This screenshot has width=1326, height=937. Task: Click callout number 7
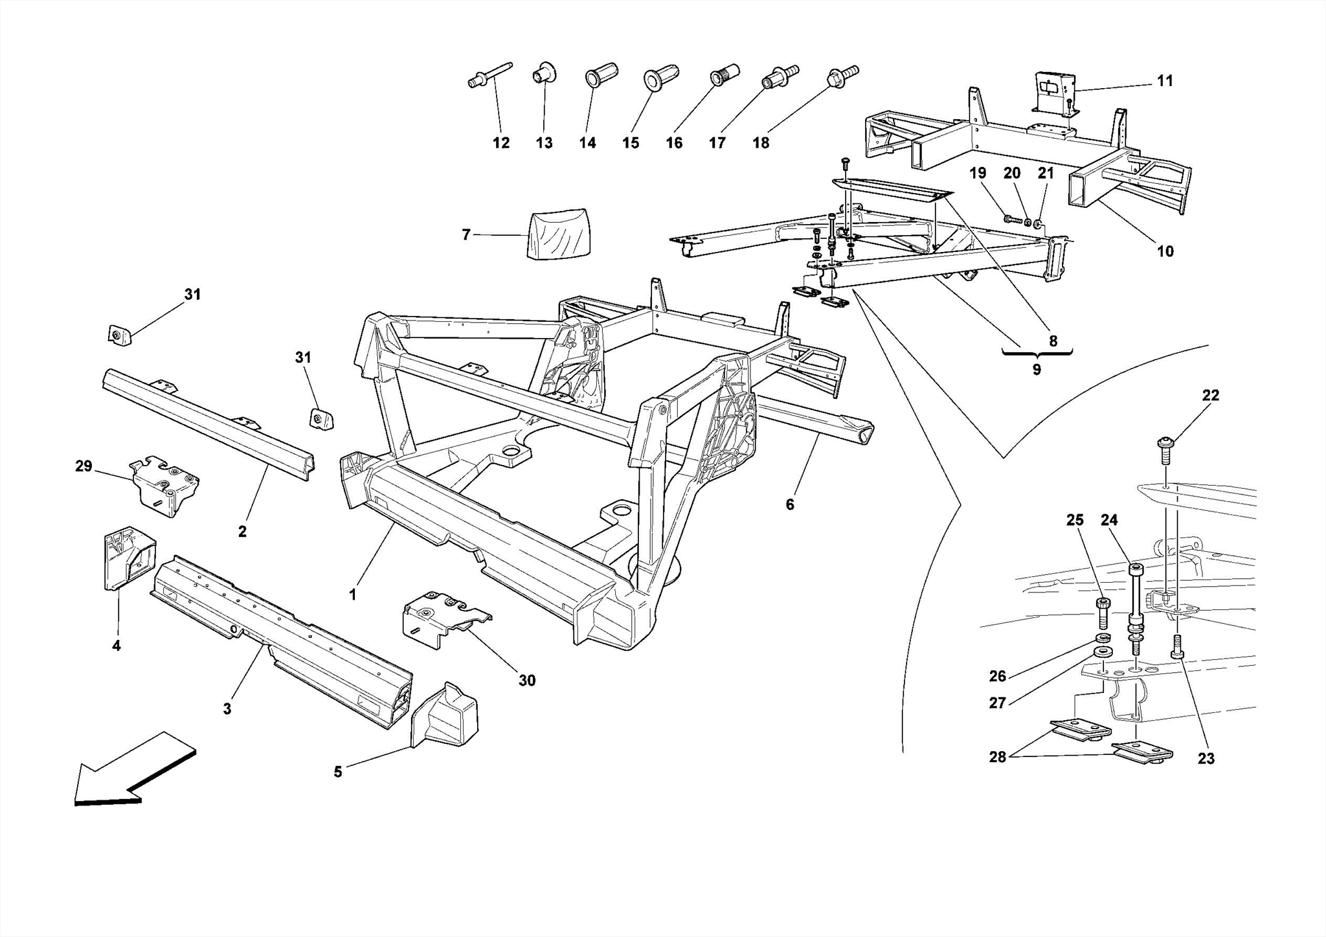coord(466,235)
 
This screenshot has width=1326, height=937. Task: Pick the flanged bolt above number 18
coord(842,75)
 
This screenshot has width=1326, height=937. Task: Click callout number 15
coord(631,143)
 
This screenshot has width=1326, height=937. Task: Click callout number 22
coord(1210,396)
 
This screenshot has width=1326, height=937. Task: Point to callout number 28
coord(997,757)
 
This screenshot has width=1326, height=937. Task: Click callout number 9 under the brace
coord(1037,370)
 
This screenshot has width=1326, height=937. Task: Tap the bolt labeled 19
coord(1012,220)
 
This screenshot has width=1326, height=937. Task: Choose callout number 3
coord(227,709)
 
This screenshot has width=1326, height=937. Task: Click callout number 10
coord(1165,251)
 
